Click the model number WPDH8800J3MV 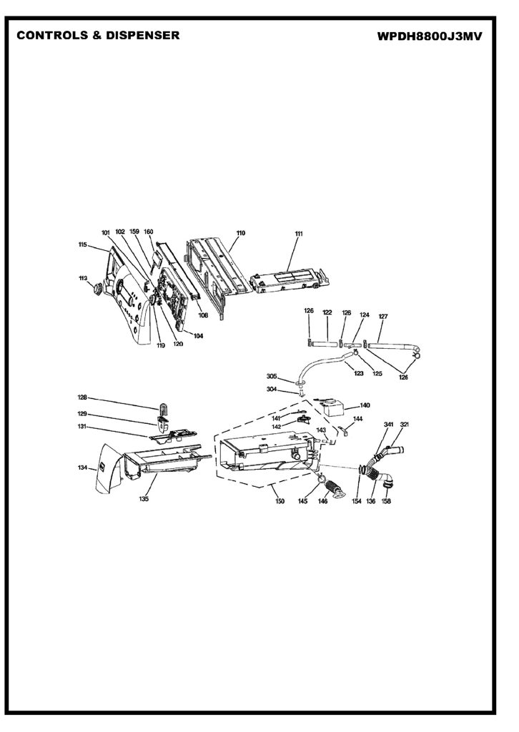pyautogui.click(x=430, y=36)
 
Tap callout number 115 pyautogui.click(x=83, y=244)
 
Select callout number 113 pyautogui.click(x=83, y=278)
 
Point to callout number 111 pyautogui.click(x=299, y=234)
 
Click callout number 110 pyautogui.click(x=241, y=233)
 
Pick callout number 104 pyautogui.click(x=198, y=335)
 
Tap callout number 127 pyautogui.click(x=383, y=316)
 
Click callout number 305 pyautogui.click(x=272, y=376)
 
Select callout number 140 pyautogui.click(x=365, y=405)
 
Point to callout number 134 pyautogui.click(x=83, y=468)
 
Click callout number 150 pyautogui.click(x=280, y=501)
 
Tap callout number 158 pyautogui.click(x=386, y=501)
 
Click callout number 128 pyautogui.click(x=82, y=397)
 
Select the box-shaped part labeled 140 pyautogui.click(x=332, y=409)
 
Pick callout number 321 pyautogui.click(x=405, y=425)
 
